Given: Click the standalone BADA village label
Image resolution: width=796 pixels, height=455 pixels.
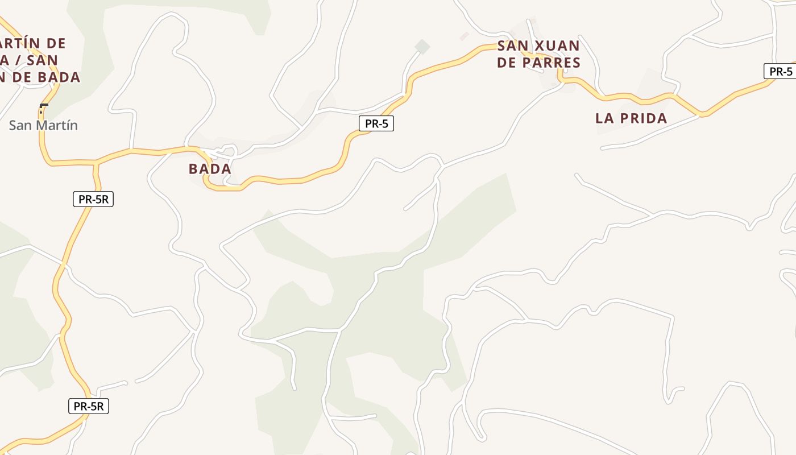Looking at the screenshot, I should (210, 169).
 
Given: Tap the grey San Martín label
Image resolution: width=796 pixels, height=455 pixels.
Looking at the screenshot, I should (43, 125).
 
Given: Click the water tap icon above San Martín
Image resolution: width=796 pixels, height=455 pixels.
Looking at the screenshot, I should (43, 107).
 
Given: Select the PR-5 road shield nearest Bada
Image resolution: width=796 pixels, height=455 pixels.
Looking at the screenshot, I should (376, 123).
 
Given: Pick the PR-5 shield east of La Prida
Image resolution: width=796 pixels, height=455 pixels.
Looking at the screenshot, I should (780, 71).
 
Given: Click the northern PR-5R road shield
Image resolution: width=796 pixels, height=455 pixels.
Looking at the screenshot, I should (93, 199).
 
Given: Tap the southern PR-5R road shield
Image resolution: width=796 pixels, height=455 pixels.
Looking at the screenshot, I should (89, 406).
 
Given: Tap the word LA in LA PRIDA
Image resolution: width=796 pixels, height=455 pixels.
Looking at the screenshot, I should (604, 118).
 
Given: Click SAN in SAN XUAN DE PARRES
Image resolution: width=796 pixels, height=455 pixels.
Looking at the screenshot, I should (513, 46).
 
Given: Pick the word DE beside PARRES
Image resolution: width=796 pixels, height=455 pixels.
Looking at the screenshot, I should (505, 63).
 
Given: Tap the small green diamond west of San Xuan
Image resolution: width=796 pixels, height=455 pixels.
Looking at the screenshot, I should (422, 47).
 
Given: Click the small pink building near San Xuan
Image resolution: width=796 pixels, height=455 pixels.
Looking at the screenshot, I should (464, 36).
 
